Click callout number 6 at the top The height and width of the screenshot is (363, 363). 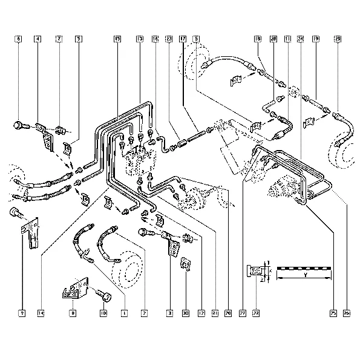point(19,39)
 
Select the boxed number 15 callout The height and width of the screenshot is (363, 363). point(117,39)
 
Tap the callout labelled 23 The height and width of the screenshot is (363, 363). point(168,39)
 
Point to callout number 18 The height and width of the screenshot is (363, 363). point(257,39)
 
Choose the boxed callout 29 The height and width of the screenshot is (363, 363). point(337,39)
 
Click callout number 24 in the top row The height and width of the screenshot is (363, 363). point(299,39)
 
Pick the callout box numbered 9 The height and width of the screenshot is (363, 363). point(21,313)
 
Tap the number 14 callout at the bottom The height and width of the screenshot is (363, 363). point(41,313)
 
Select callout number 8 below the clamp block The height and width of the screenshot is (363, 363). point(73,313)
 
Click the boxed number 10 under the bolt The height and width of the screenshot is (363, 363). point(103,313)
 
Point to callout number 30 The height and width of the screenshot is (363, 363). point(186,313)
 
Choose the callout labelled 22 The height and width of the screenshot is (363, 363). point(255,313)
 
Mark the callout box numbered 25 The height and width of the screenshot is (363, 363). point(333,313)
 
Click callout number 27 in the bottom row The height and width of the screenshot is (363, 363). point(242,313)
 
